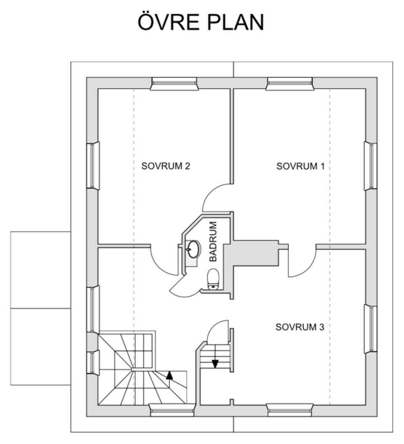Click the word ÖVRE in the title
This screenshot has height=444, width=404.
(x=168, y=22)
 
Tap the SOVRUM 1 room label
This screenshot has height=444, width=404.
(x=300, y=166)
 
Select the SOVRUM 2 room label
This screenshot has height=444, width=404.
(x=165, y=166)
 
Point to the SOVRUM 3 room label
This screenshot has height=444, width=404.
(x=300, y=327)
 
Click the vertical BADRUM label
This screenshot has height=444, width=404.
(x=213, y=242)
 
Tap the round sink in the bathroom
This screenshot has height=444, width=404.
(x=193, y=249)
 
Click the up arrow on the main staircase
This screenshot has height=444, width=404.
(x=169, y=375)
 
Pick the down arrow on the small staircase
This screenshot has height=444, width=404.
(x=215, y=362)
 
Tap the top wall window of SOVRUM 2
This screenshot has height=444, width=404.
(x=174, y=84)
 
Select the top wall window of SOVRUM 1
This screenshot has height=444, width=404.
(x=290, y=84)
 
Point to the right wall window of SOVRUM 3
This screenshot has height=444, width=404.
(x=370, y=329)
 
